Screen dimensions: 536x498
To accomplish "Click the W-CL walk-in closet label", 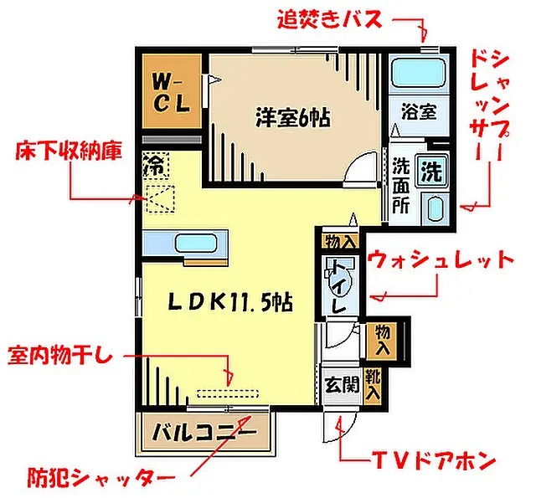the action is pos(171,93).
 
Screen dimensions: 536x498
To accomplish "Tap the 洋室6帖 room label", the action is pos(293,118).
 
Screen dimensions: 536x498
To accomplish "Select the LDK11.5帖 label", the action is pos(230,302).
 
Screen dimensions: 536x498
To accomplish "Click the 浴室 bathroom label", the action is pos(419,111).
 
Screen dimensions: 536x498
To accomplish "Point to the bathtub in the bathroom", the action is pos(419,73).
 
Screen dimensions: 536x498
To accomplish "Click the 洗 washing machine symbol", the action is pos(431,170).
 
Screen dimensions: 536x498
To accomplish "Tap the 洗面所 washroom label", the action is pos(400,185).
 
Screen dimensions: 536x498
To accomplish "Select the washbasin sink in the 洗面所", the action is pos(435,209).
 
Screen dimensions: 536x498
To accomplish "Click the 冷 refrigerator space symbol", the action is pos(156,166).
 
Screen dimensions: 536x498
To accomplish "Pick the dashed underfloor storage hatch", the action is pos(161,199).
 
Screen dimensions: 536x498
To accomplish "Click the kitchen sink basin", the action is pos(196,244).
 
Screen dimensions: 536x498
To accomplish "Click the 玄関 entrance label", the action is pos(342,385).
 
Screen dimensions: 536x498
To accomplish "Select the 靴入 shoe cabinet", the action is pos(373,385).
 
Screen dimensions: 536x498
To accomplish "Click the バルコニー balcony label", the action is pos(204,433).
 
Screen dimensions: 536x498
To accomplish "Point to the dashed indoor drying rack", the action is pos(228,393).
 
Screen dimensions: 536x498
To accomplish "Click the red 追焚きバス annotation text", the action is pos(329,19).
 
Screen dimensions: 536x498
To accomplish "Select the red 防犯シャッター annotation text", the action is pos(101,477).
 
